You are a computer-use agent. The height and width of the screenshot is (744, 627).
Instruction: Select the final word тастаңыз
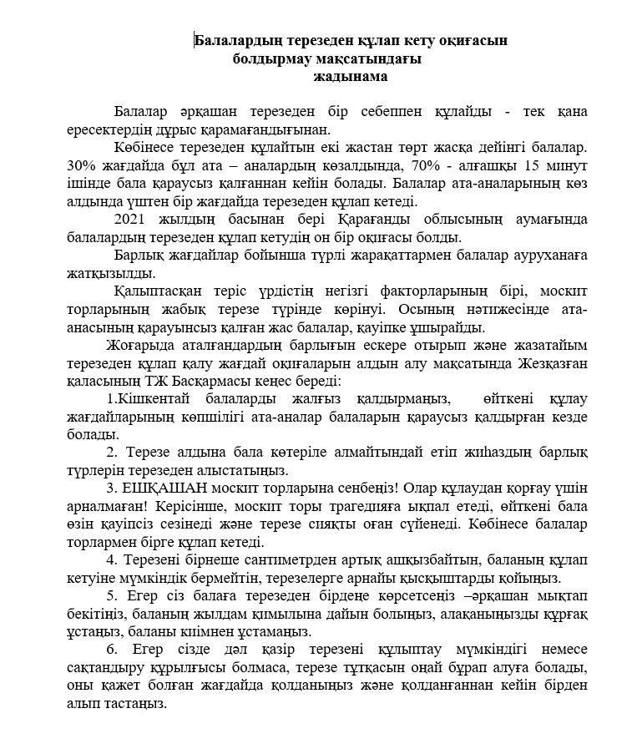(133, 703)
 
